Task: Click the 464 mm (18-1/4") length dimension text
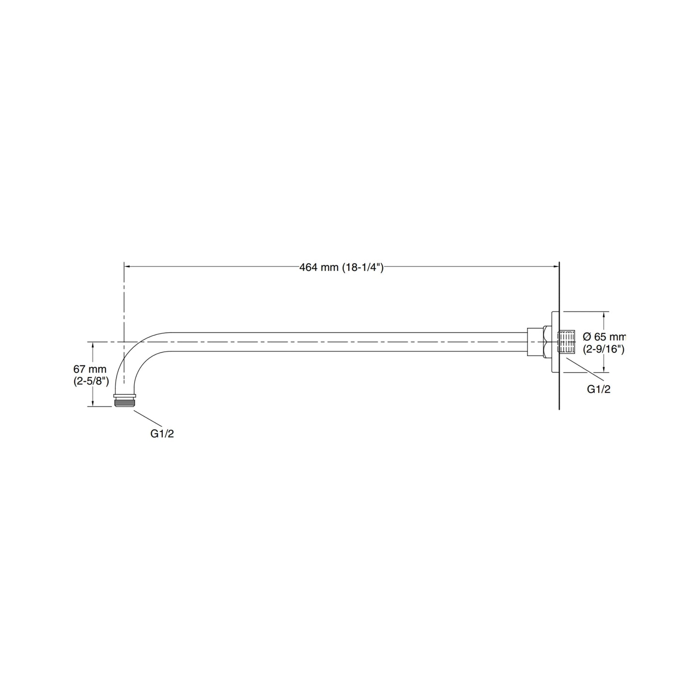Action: coord(341,268)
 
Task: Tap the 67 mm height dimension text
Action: coord(90,369)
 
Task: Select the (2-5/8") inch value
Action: coord(91,381)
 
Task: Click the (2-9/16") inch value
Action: coord(604,349)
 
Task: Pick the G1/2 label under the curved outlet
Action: coord(162,434)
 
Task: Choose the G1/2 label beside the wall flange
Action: coord(599,389)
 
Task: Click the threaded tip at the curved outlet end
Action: coord(124,402)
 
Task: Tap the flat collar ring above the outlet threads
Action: coord(124,396)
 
